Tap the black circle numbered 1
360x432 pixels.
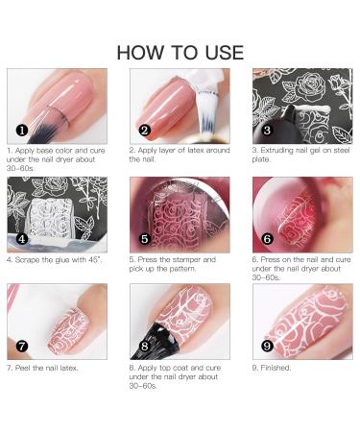tap(21, 128)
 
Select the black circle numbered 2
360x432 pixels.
tap(144, 129)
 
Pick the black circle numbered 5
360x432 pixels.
tap(144, 237)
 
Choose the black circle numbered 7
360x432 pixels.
tap(21, 345)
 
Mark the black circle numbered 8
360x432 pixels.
tap(144, 346)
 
